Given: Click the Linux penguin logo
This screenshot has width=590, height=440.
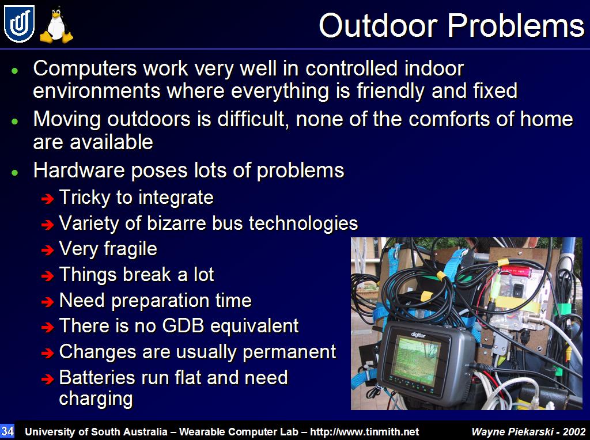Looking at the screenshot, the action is tap(56, 25).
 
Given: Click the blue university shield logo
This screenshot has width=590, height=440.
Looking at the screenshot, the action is tap(19, 24).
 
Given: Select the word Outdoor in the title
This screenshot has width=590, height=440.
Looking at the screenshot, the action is tap(378, 26).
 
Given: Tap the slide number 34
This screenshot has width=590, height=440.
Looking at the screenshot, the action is tap(7, 431).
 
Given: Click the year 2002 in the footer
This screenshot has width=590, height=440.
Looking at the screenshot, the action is tap(574, 432).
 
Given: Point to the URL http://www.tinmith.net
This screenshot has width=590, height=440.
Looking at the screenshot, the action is tap(364, 432).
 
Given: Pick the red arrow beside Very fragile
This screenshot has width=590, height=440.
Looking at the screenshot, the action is tap(48, 250).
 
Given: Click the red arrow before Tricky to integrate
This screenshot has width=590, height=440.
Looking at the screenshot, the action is tap(48, 199).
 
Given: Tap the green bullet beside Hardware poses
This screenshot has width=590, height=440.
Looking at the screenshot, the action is tap(14, 172).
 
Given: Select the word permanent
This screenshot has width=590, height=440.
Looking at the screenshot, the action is tap(289, 352).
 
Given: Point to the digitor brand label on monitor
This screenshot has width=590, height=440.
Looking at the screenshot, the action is tap(418, 335).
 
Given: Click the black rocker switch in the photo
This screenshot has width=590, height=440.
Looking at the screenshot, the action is tap(519, 290).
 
